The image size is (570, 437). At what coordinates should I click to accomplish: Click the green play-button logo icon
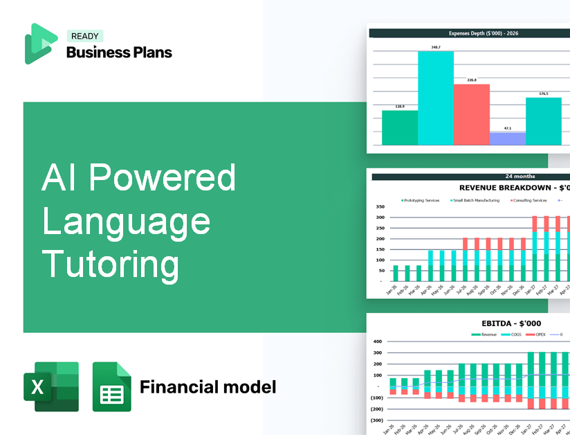click(x=40, y=44)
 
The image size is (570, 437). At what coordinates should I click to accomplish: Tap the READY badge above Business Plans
click(x=85, y=37)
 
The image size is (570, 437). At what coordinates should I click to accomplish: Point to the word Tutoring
click(x=111, y=265)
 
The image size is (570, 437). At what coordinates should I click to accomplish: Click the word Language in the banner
click(x=126, y=221)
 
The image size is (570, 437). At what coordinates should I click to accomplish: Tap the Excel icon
click(x=50, y=386)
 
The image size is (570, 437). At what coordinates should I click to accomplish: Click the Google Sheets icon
click(x=111, y=387)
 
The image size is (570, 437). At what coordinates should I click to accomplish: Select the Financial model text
click(x=208, y=386)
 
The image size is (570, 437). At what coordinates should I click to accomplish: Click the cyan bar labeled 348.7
click(x=436, y=98)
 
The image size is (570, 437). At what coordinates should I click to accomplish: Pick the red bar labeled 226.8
click(x=471, y=114)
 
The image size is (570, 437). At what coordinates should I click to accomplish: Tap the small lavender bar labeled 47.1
click(x=507, y=139)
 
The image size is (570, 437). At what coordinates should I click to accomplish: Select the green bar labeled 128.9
click(x=400, y=127)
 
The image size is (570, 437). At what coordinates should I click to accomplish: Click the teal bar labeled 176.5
click(x=543, y=121)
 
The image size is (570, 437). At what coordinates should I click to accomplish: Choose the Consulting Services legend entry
click(x=528, y=200)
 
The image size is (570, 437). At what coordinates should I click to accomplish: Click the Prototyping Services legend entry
click(x=421, y=200)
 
